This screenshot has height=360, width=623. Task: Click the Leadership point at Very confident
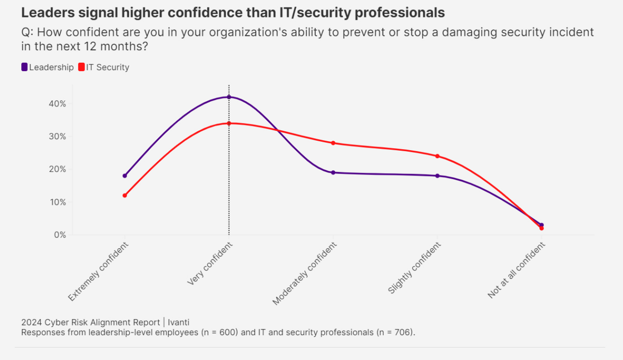229,97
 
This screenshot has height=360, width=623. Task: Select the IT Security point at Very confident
229,123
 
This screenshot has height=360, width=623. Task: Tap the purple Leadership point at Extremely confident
125,176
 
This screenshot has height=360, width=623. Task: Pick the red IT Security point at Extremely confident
125,195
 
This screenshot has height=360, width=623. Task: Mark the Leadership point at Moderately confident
333,173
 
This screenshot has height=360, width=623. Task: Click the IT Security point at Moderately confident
333,143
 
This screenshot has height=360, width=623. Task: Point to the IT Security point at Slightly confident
438,156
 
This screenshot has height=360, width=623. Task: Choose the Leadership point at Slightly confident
438,176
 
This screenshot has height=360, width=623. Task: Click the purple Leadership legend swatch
24,67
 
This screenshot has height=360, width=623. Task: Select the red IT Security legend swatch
82,67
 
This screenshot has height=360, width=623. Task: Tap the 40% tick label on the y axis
57,104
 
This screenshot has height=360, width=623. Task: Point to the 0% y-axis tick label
60,235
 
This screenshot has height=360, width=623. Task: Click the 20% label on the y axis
57,169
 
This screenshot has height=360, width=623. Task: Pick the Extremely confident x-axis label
98,271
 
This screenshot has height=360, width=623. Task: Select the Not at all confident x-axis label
517,270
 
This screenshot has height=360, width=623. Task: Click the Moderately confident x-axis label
305,273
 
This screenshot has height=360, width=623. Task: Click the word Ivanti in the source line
179,322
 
